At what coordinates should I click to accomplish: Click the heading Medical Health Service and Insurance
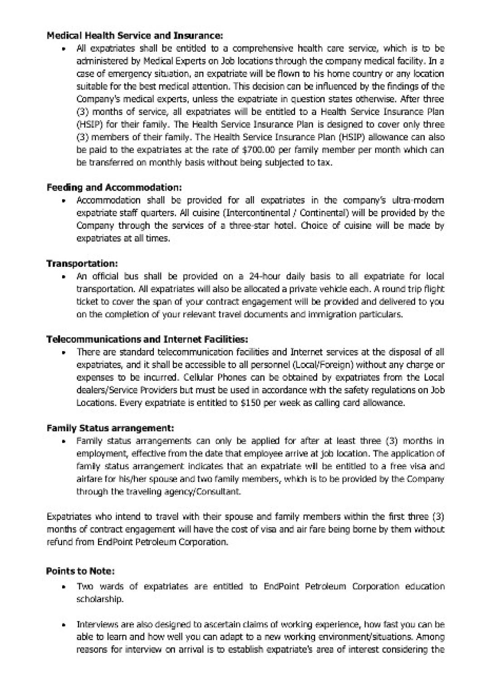[x=135, y=35]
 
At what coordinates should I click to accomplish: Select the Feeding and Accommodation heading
[x=114, y=188]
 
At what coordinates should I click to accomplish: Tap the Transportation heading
[x=82, y=264]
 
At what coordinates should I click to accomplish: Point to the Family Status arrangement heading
[x=110, y=428]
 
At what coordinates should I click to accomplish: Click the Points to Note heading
[x=80, y=571]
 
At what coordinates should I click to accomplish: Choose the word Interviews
[x=97, y=624]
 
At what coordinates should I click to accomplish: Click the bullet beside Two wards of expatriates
[x=66, y=587]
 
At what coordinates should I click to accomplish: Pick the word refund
[x=58, y=542]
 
